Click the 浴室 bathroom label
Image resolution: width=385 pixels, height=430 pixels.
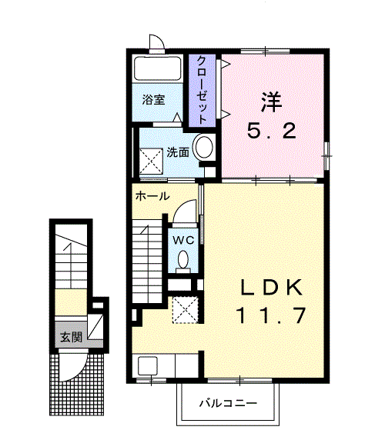click(153, 99)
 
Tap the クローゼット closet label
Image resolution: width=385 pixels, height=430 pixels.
click(202, 90)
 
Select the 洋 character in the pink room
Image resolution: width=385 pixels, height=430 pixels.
click(272, 102)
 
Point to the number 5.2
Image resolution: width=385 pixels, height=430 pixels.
click(272, 131)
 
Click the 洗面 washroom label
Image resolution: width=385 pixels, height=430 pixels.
click(178, 152)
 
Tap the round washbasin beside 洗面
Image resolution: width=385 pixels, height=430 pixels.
click(203, 146)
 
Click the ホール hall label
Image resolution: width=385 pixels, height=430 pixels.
click(152, 196)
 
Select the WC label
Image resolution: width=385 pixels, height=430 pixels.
click(183, 241)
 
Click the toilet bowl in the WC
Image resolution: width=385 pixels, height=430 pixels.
click(183, 259)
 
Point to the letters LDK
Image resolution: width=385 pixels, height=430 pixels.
click(272, 288)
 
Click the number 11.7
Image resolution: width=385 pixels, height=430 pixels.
click(270, 315)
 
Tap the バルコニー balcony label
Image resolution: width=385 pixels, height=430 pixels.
click(228, 403)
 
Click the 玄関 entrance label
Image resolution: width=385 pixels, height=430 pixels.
click(72, 337)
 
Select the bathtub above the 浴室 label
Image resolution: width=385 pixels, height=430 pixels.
click(158, 68)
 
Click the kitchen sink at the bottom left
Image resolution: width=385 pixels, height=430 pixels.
click(148, 366)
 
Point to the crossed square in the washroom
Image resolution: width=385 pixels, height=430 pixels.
click(151, 161)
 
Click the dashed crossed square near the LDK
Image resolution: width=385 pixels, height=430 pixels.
click(186, 310)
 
